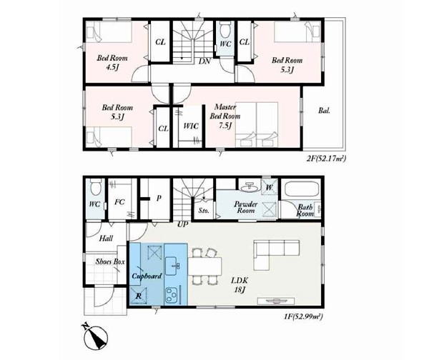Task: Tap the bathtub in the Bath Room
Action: click(x=302, y=189)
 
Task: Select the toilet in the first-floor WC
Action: click(x=96, y=186)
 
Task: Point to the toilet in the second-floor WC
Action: click(x=225, y=29)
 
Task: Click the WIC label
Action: click(x=191, y=126)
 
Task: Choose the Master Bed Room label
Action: click(x=225, y=116)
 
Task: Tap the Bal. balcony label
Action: click(x=324, y=111)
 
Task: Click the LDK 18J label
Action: click(x=240, y=284)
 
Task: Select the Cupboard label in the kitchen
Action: click(x=147, y=276)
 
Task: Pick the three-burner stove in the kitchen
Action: click(x=172, y=294)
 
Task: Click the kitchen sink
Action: click(x=172, y=266)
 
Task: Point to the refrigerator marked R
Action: click(x=139, y=296)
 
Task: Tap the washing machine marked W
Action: click(x=270, y=187)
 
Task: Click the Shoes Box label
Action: click(x=110, y=261)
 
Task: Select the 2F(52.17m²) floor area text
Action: click(x=326, y=159)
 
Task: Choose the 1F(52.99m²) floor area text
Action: click(x=303, y=316)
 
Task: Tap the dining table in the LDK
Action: click(x=204, y=266)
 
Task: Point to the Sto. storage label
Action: click(x=204, y=211)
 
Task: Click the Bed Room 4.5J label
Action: click(x=112, y=63)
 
